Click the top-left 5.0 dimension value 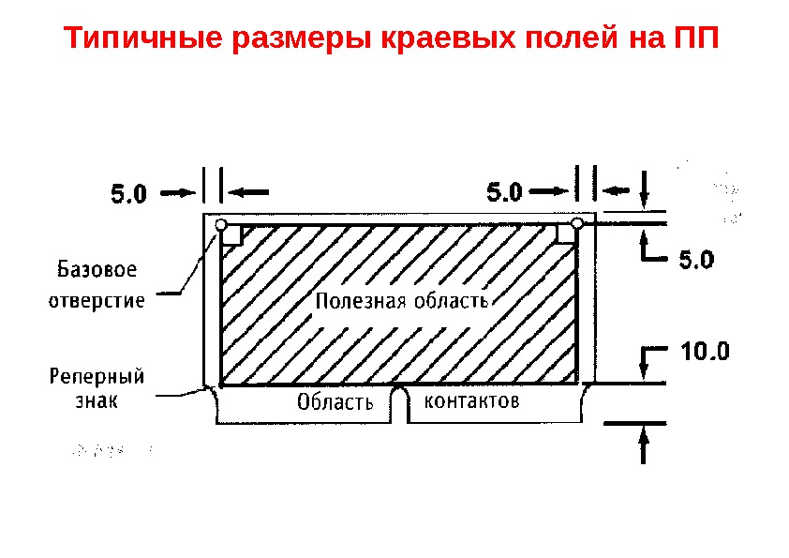point(129,195)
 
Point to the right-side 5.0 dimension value point(695,259)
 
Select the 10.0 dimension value point(704,354)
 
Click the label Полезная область point(401,301)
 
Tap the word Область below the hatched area point(335,404)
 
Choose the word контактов point(471,402)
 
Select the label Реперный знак point(96,388)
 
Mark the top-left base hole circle point(221,225)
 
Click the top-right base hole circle point(577,223)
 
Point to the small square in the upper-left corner point(232,235)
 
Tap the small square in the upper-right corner point(564,234)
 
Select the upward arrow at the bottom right point(644,445)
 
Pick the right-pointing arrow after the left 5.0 point(179,193)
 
